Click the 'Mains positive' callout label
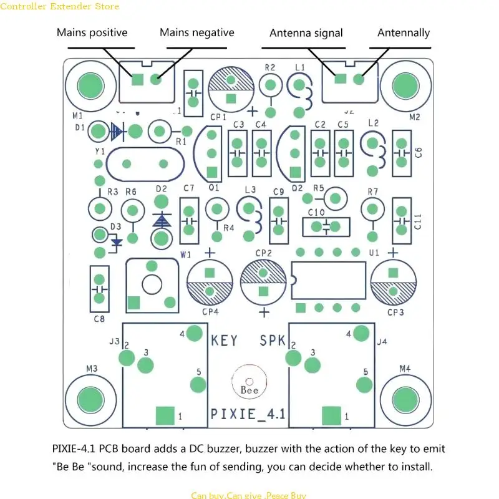(92, 32)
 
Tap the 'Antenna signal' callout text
(306, 32)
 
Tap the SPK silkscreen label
(272, 341)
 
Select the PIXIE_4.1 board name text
(248, 414)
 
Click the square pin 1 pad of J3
(165, 415)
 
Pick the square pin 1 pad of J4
(331, 415)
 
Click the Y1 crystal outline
(145, 164)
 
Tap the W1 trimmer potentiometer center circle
(152, 284)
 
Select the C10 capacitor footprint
(325, 226)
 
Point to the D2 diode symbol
(162, 220)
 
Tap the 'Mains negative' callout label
(196, 32)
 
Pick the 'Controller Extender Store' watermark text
(60, 7)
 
